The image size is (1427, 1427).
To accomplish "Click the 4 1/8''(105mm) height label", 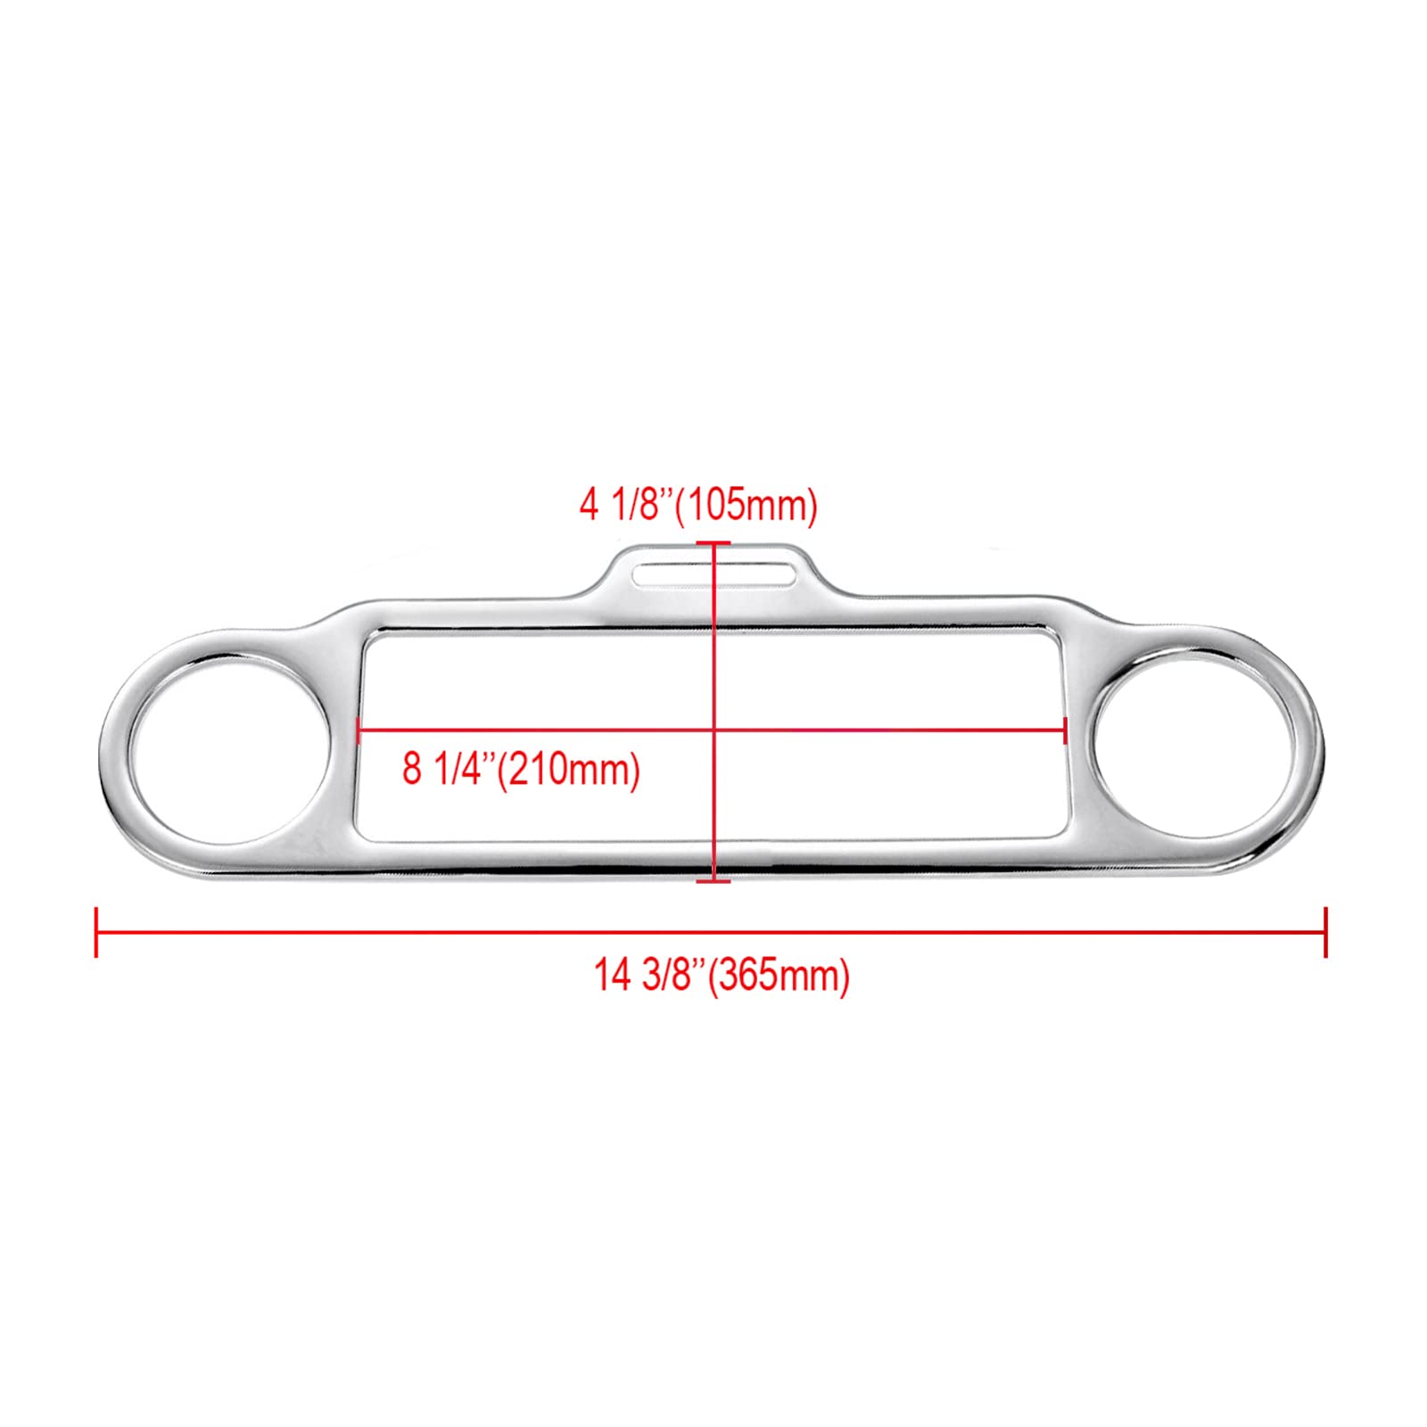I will (698, 506).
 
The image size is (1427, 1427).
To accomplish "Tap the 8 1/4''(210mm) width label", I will (521, 768).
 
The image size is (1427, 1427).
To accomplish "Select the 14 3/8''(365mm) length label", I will (722, 976).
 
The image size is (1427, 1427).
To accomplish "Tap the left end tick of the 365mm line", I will (96, 933).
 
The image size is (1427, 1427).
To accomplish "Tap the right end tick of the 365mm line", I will (1326, 933).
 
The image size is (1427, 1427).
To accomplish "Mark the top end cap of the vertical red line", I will (713, 542).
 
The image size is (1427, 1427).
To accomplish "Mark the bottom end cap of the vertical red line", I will (713, 881).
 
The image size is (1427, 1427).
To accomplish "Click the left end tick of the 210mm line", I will (359, 731).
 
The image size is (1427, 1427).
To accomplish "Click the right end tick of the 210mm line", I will (1066, 731).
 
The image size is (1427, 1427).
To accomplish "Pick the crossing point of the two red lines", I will (713, 731).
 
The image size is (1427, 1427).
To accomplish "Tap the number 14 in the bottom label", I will (612, 976).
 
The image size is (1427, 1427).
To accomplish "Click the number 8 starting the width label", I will (411, 768).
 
